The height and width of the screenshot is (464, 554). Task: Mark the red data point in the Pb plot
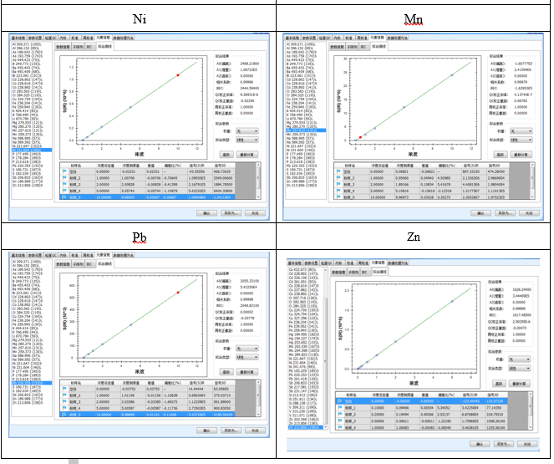pyautogui.click(x=178, y=292)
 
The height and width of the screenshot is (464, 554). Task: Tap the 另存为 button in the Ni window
pyautogui.click(x=228, y=212)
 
